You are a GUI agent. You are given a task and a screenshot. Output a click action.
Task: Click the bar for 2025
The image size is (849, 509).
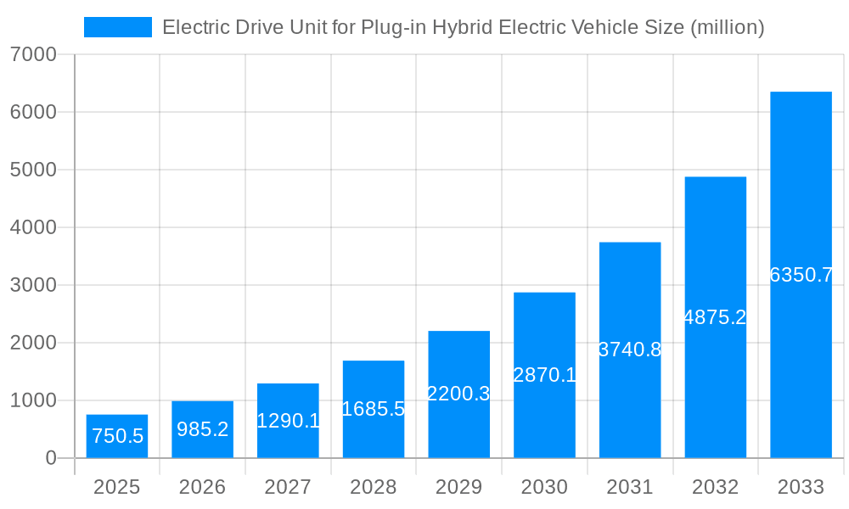[117, 436]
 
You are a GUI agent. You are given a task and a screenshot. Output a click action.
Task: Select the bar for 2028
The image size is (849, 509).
[374, 409]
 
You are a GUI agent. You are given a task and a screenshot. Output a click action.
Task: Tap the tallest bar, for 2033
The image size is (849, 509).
[801, 275]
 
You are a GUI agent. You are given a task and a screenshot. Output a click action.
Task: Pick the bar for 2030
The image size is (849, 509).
[544, 375]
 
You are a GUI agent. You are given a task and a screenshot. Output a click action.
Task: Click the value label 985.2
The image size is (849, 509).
[202, 429]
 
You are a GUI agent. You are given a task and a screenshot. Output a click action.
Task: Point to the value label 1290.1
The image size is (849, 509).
[288, 420]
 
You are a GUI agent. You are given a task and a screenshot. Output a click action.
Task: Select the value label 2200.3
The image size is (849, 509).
[458, 394]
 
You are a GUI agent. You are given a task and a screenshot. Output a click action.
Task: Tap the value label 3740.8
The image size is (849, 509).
[630, 350]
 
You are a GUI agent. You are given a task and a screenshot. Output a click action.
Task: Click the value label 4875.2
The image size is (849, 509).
[715, 317]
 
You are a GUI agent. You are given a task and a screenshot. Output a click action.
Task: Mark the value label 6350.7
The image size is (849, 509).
[801, 275]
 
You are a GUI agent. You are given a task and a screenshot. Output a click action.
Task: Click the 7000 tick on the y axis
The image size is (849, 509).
[33, 55]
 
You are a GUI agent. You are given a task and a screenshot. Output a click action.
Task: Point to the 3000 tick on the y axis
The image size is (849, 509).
[33, 285]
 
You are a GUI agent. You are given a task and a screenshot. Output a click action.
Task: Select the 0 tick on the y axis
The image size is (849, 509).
[50, 458]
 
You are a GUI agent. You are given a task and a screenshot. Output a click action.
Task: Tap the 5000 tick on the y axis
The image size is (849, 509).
[33, 170]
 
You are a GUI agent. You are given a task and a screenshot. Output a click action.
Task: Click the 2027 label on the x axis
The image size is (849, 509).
[288, 487]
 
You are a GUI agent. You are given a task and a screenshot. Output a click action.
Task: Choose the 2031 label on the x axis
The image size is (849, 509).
[630, 487]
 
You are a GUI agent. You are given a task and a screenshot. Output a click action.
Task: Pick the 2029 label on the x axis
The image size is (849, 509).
[458, 487]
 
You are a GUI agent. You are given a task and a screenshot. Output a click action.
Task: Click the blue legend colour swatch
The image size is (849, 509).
[118, 27]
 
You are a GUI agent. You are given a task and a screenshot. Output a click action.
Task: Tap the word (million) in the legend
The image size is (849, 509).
[728, 27]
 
